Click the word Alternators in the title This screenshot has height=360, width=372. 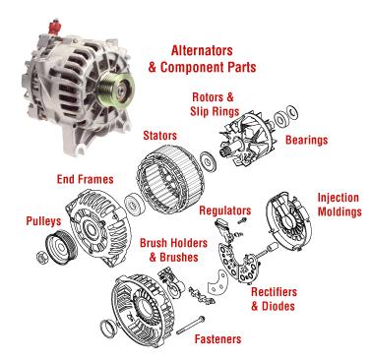(x=202, y=50)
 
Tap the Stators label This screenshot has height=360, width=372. (x=159, y=136)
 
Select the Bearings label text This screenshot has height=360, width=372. (x=306, y=140)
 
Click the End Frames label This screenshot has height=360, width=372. (x=86, y=179)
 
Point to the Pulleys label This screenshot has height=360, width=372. (x=43, y=221)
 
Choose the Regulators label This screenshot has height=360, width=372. (x=225, y=210)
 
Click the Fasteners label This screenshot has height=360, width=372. (x=217, y=338)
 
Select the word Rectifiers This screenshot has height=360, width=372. (x=274, y=292)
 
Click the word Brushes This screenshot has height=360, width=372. (x=179, y=257)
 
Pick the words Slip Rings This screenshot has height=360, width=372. (x=215, y=111)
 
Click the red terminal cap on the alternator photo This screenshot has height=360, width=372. (x=54, y=27)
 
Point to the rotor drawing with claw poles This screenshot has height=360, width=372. (x=244, y=138)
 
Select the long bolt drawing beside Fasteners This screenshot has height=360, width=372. (x=191, y=326)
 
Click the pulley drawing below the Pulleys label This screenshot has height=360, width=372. (x=61, y=248)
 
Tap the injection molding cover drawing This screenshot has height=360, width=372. (x=288, y=222)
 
